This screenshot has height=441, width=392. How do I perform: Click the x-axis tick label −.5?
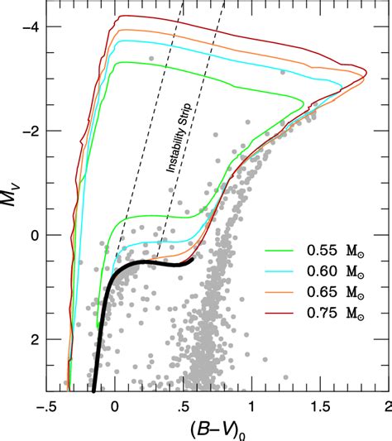tap(46, 406)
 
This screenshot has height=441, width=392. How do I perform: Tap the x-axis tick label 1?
tap(251, 406)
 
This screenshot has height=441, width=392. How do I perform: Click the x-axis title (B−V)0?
tap(218, 429)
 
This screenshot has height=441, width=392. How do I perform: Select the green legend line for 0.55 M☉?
tap(279, 249)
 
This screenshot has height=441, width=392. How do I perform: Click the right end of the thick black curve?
tap(192, 260)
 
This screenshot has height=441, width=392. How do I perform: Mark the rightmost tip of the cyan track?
tap(342, 85)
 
